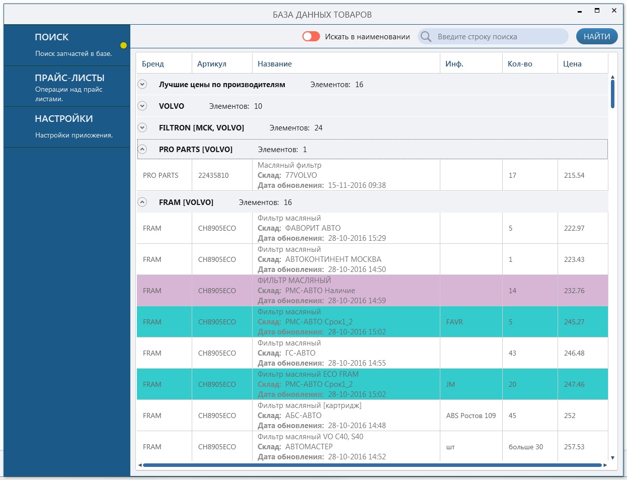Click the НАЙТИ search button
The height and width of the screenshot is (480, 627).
point(597,37)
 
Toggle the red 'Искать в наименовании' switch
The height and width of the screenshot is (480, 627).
point(311,37)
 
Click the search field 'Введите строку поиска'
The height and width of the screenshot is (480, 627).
point(493,37)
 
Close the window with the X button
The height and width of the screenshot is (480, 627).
point(614,11)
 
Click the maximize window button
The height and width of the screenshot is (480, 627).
point(597,11)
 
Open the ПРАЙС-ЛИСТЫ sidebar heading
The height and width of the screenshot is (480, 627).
point(70,78)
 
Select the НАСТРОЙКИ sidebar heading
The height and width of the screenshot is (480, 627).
point(64,119)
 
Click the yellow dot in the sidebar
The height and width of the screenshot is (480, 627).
point(123,45)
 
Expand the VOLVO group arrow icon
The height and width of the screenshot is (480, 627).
point(142,106)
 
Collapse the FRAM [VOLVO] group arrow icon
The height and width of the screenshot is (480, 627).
point(142,202)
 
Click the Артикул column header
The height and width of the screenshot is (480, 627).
point(212,64)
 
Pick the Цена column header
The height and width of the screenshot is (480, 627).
point(572,64)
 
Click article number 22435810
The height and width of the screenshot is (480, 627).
point(213,175)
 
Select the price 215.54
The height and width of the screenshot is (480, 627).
point(574,175)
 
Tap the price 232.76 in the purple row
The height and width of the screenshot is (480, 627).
point(574,291)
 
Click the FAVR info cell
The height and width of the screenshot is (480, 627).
point(454,322)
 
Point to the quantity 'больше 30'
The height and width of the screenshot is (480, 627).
point(525,447)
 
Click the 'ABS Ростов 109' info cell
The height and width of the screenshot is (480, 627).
point(471,416)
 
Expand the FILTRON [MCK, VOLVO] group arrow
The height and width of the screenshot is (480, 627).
point(142,127)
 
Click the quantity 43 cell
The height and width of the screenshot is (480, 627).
point(512,353)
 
